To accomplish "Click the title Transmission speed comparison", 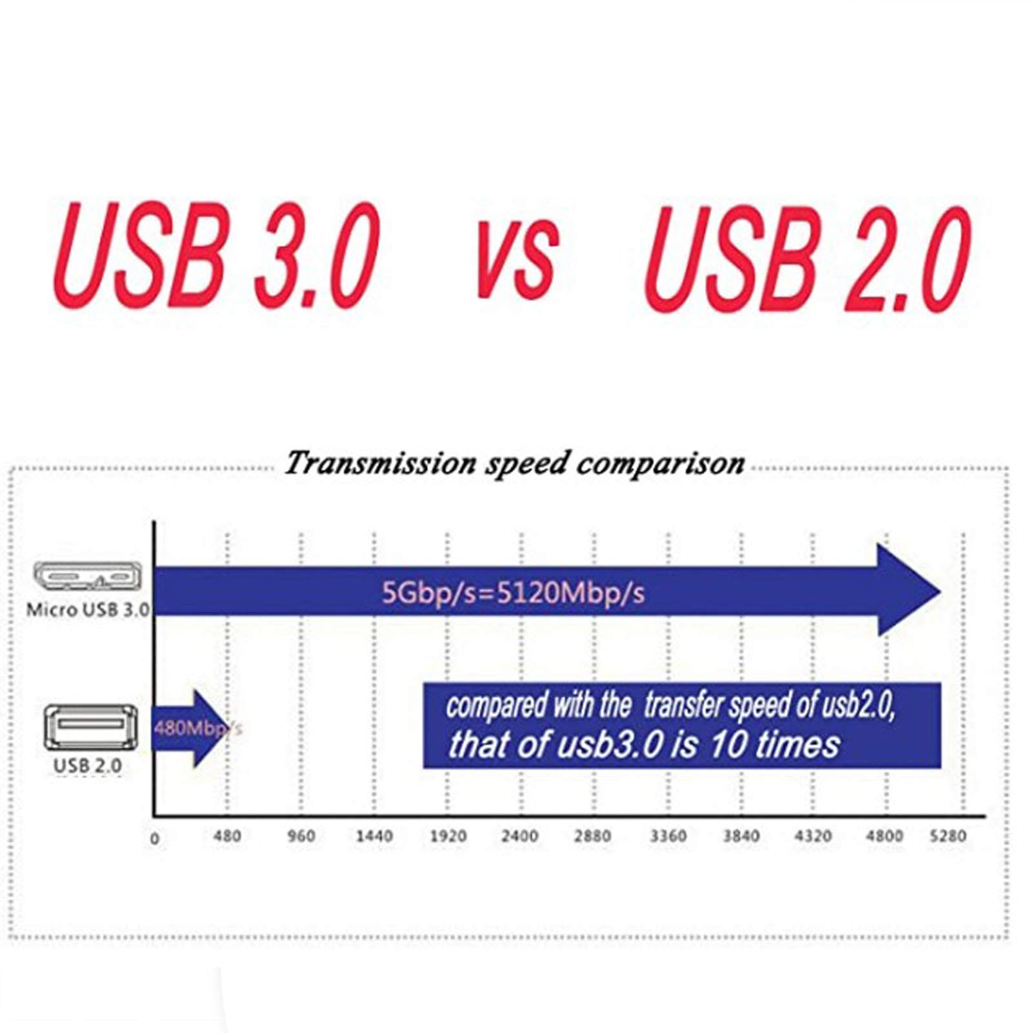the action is click(x=515, y=463).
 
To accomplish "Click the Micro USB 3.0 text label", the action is click(x=88, y=610).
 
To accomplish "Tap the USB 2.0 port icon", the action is click(x=90, y=727).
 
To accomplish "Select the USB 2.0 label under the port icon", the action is click(x=87, y=766).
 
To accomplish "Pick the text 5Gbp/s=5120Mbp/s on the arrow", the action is click(x=513, y=592).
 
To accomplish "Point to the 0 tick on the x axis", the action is click(x=155, y=839).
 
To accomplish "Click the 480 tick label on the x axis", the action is click(x=227, y=836).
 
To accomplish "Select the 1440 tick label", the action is click(x=374, y=836).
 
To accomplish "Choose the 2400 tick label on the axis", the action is click(x=520, y=836).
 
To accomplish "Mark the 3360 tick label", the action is click(x=668, y=836).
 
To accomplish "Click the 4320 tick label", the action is click(x=813, y=836).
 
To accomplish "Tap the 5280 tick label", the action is click(x=948, y=836).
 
